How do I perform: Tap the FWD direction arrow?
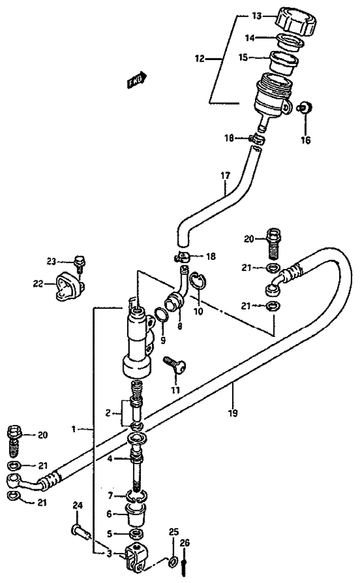pyautogui.click(x=137, y=80)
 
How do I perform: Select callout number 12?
pyautogui.click(x=200, y=59)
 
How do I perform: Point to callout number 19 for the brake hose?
pyautogui.click(x=233, y=412)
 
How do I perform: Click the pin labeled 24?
pyautogui.click(x=81, y=530)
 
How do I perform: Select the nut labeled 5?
pyautogui.click(x=137, y=534)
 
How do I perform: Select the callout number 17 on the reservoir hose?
pyautogui.click(x=225, y=175)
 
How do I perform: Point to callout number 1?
pyautogui.click(x=74, y=429)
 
